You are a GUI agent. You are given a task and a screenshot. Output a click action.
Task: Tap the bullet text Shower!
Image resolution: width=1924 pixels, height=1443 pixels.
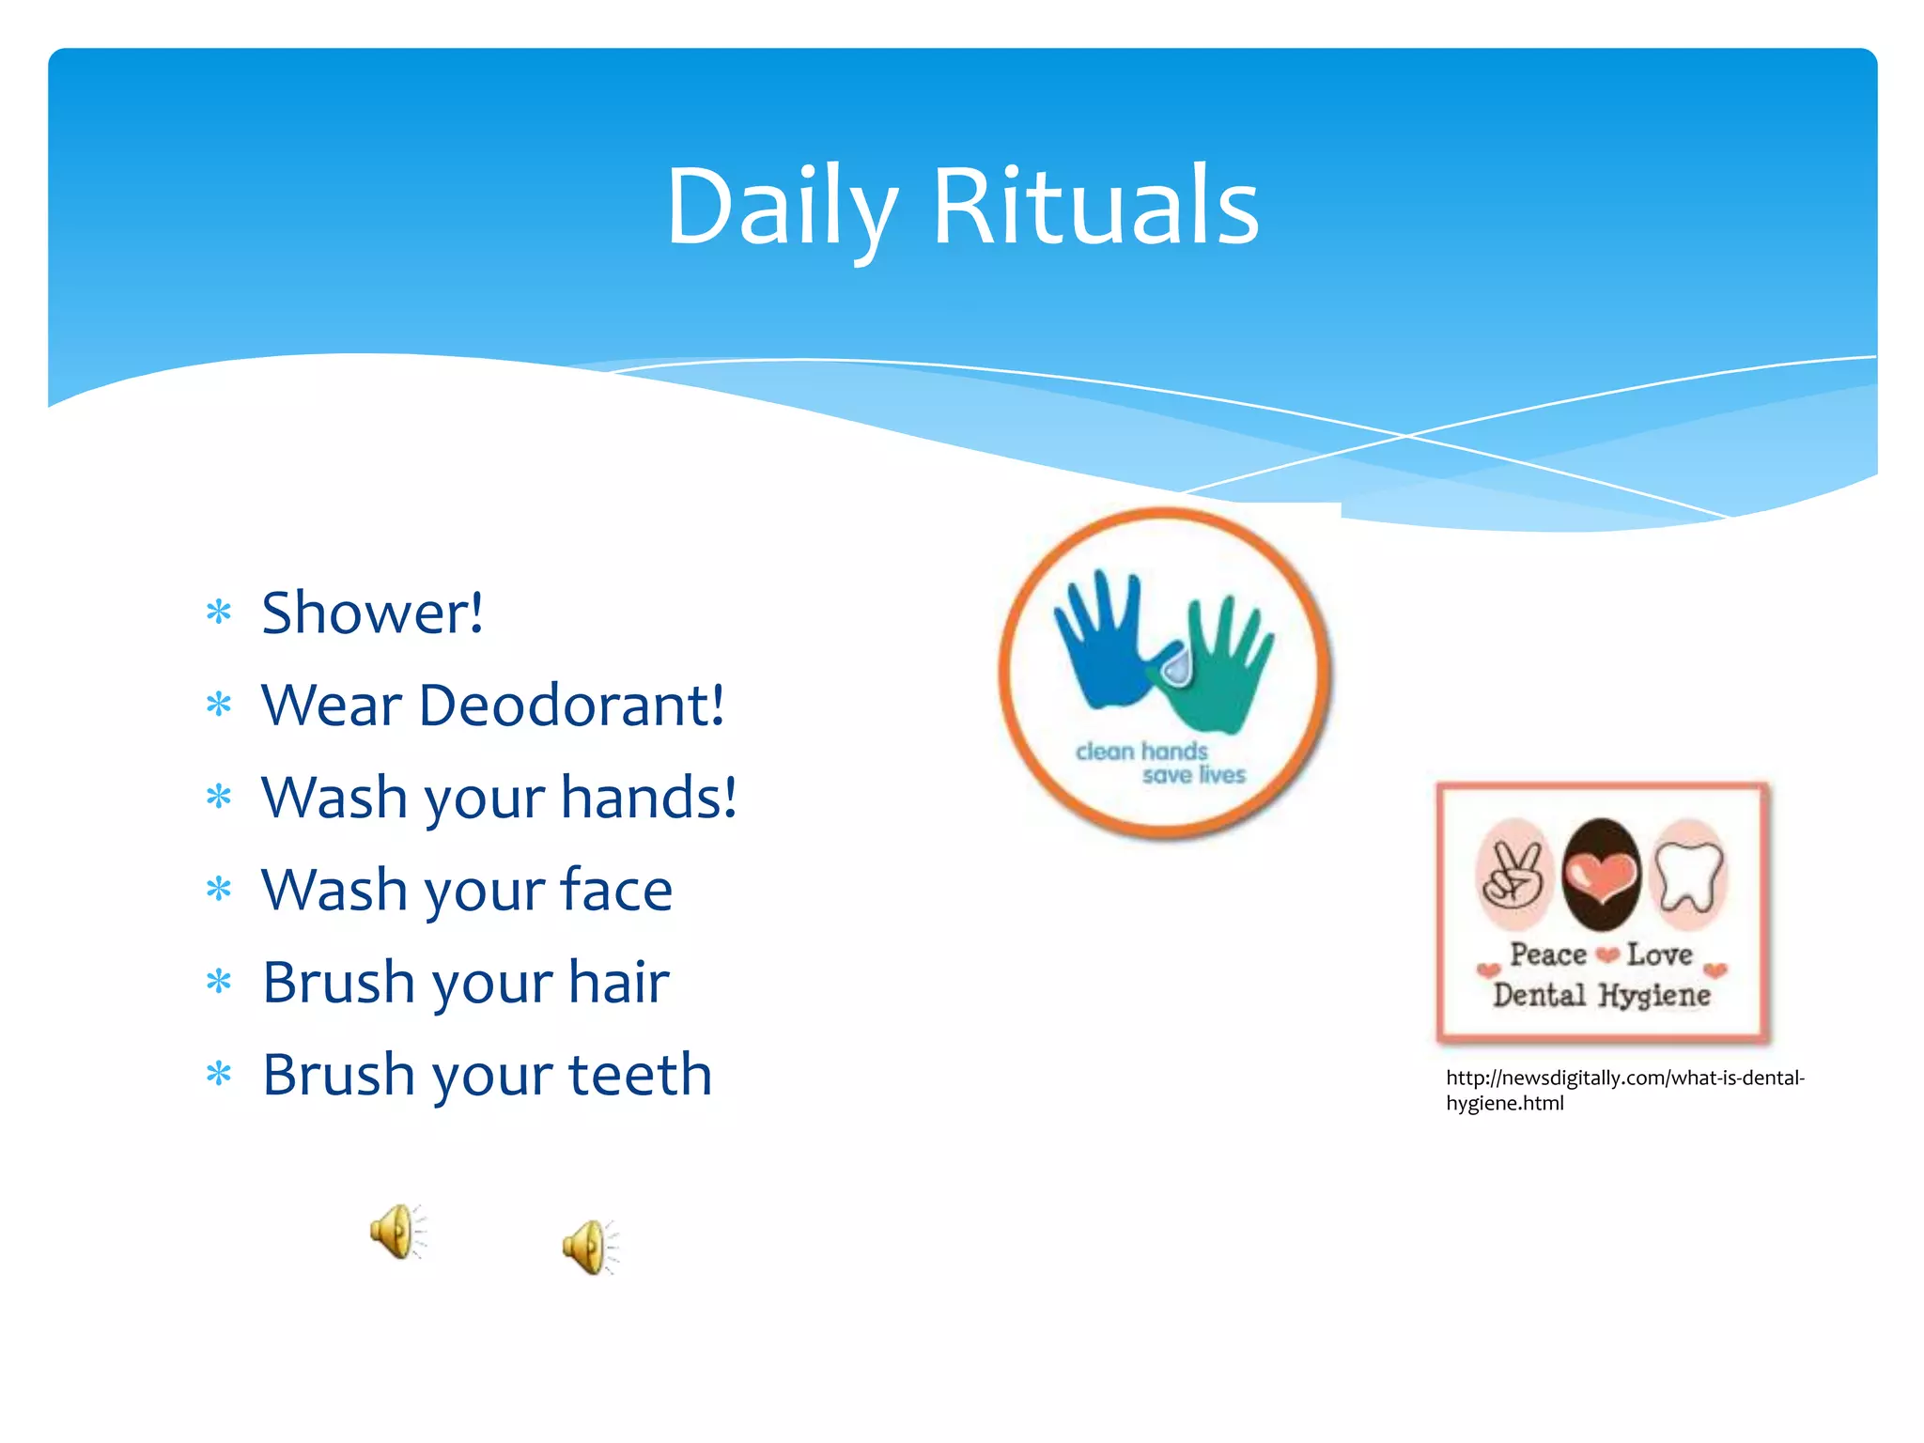pyautogui.click(x=372, y=613)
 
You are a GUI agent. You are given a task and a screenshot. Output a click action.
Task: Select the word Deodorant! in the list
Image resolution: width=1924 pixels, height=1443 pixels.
pyautogui.click(x=571, y=706)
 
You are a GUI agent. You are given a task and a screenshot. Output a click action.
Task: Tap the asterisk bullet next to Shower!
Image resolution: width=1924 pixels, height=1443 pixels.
pyautogui.click(x=219, y=613)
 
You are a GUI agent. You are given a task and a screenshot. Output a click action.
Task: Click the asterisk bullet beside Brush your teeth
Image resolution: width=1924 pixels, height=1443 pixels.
pyautogui.click(x=219, y=1074)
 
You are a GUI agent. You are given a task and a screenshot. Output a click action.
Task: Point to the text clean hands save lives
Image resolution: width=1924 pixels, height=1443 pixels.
pyautogui.click(x=1161, y=763)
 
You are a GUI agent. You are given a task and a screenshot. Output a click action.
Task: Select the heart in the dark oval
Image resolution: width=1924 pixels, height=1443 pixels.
pyautogui.click(x=1601, y=874)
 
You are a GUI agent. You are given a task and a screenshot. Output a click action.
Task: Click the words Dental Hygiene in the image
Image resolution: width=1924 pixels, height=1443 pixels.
pyautogui.click(x=1602, y=995)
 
